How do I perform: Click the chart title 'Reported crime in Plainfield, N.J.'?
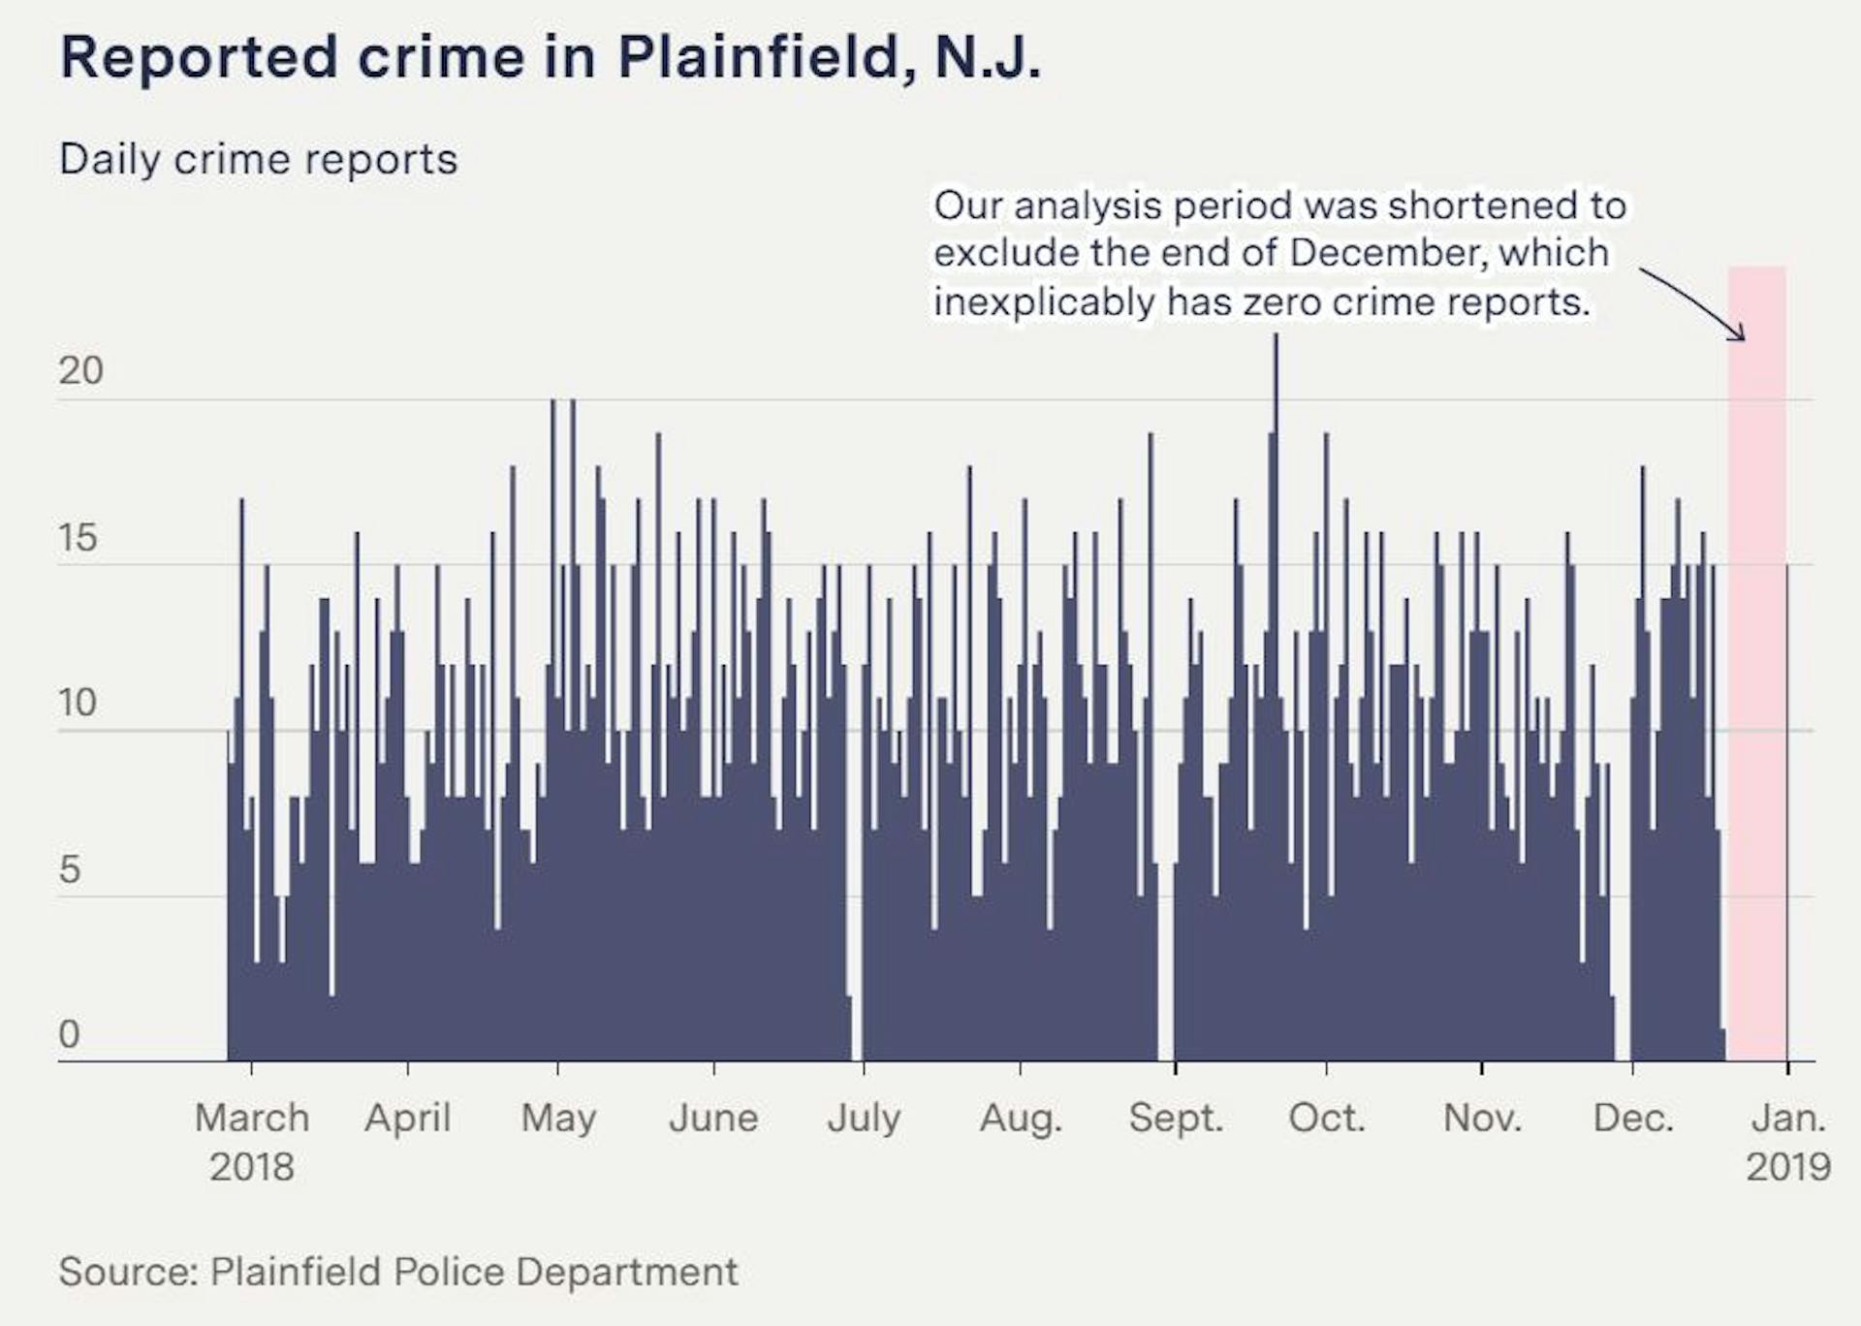pos(550,58)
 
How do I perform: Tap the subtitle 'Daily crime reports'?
pos(258,160)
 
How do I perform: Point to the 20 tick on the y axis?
pos(80,370)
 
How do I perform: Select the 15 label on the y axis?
pos(78,538)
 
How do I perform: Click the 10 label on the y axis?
pos(78,703)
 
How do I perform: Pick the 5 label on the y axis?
pos(69,869)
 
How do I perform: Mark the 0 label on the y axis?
pos(69,1034)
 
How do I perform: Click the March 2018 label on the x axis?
pos(252,1142)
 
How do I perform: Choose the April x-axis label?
pos(407,1119)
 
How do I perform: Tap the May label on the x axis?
pos(558,1119)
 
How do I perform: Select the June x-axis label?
pos(713,1119)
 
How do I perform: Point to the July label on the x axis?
pos(864,1119)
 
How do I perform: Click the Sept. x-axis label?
pos(1176,1119)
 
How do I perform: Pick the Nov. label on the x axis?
pos(1482,1119)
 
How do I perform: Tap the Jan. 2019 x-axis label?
pos(1788,1142)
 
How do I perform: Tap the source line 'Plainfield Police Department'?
pos(474,1272)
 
